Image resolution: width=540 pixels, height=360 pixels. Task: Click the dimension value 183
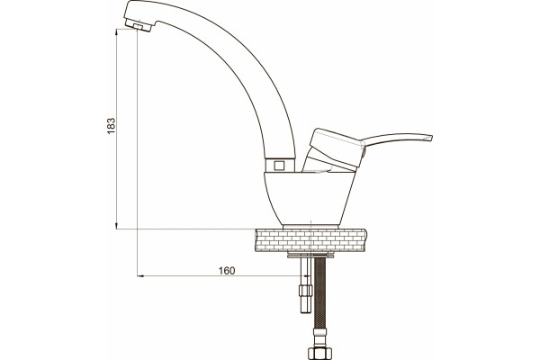pyautogui.click(x=111, y=126)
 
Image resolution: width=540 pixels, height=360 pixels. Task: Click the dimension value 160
pyautogui.click(x=227, y=271)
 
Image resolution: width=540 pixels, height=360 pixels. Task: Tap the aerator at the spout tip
pyautogui.click(x=139, y=25)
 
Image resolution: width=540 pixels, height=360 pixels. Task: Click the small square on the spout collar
pyautogui.click(x=279, y=166)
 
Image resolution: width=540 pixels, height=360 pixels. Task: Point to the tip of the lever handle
pyautogui.click(x=431, y=138)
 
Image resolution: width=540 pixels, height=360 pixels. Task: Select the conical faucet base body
pyautogui.click(x=310, y=198)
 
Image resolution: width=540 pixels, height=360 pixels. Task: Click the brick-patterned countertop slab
pyautogui.click(x=311, y=240)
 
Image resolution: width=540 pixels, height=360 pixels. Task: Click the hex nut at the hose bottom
pyautogui.click(x=319, y=354)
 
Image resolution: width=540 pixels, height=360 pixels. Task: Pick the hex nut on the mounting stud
pyautogui.click(x=305, y=291)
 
